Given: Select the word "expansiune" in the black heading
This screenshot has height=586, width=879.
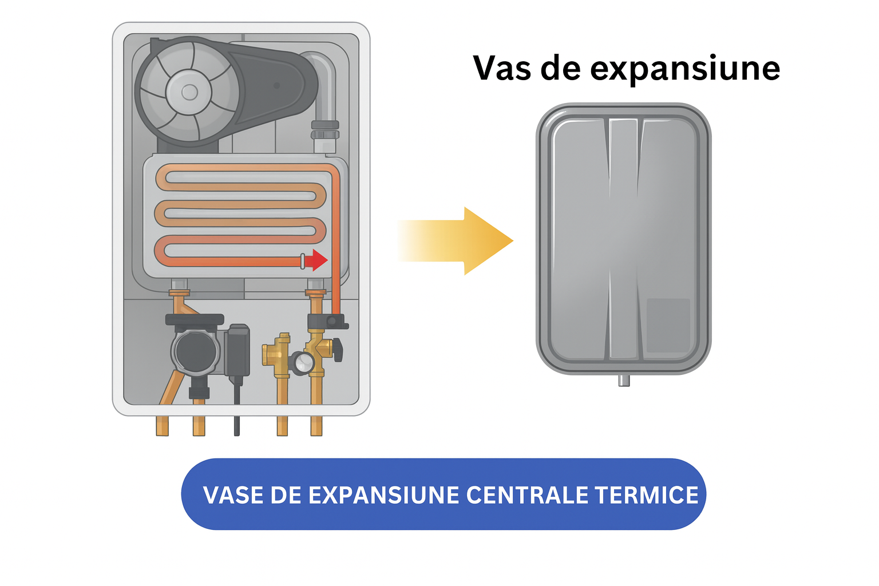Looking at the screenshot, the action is coord(685,70).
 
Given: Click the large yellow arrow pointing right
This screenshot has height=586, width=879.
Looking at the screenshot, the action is coord(455,240).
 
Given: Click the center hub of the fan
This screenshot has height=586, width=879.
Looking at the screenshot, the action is coord(189,93).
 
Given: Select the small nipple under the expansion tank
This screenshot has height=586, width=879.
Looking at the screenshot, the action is coord(624,381).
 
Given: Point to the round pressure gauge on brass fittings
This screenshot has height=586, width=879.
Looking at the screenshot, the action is coord(302,363).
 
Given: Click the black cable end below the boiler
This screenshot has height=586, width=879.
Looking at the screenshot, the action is coord(236,426).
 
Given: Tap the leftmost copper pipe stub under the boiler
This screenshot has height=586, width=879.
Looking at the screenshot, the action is coord(162,426).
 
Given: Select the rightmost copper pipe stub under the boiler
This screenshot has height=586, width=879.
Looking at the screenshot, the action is coord(316,426).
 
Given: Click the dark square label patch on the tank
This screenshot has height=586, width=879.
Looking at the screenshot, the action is coord(668,326).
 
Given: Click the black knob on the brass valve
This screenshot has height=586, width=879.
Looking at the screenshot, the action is coord(338,350).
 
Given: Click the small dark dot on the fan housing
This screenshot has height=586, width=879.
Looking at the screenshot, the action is coord(276,85).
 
